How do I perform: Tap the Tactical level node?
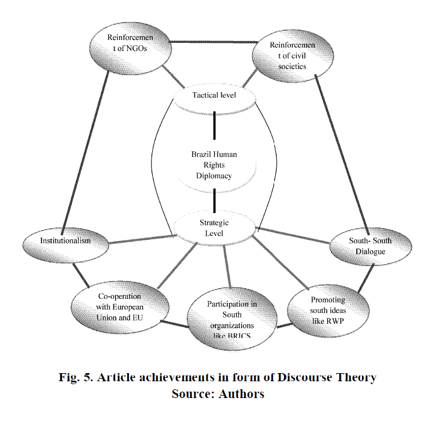coord(215,96)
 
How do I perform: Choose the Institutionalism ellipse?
coord(65,240)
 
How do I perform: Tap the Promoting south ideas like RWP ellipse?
coord(328,308)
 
